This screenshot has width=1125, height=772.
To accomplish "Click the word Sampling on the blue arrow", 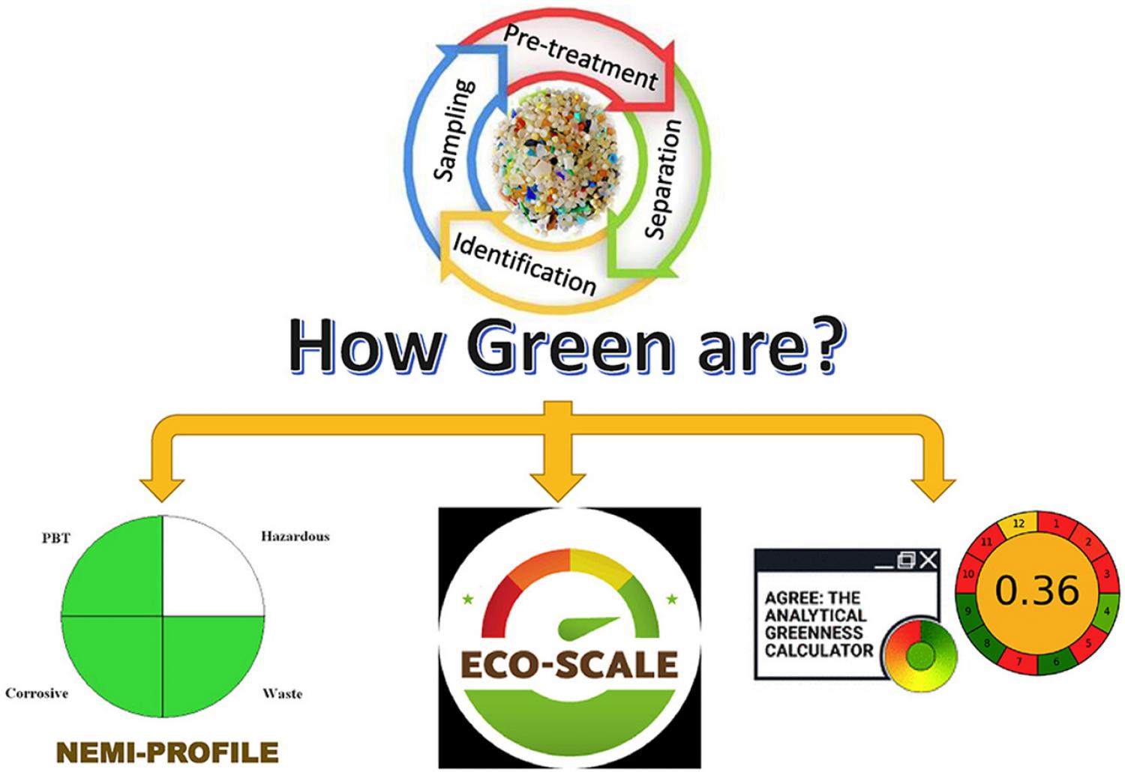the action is tap(454, 130).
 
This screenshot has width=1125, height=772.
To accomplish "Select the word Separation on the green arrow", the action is tap(662, 179).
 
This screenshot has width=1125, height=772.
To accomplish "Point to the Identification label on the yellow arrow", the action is tap(524, 265).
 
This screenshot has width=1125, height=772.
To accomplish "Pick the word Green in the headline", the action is tap(572, 347).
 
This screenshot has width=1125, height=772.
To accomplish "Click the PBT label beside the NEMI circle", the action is tap(55, 539).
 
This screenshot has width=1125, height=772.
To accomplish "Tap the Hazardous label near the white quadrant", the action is tap(295, 537).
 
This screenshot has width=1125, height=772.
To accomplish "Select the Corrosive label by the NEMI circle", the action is tap(37, 693).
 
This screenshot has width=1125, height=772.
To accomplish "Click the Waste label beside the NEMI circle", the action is tap(283, 694).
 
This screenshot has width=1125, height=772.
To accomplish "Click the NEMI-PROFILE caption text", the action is tap(168, 752).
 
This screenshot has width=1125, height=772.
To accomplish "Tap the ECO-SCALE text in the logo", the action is tap(569, 665).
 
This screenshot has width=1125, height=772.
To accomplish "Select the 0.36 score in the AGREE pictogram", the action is tap(1037, 591).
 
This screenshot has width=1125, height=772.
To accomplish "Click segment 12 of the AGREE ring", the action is tap(1018, 524).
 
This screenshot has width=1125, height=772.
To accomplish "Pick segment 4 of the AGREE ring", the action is tap(1106, 612).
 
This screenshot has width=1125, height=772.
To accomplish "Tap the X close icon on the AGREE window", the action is tap(928, 560).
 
